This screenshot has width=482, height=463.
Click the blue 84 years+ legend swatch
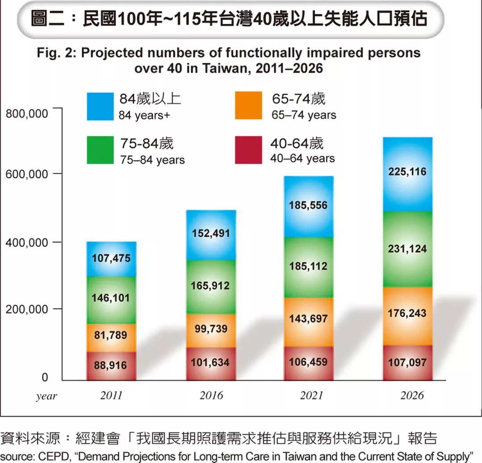pos(100,106)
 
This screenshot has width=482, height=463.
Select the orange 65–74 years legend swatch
pos(248,106)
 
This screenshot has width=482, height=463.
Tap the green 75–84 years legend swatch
pos(100,150)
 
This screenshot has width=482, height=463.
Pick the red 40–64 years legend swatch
pos(248,150)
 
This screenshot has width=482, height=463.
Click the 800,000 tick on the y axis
pos(27,114)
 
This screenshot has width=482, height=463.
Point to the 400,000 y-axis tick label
pos(27,244)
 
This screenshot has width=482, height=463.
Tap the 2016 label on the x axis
pos(211,396)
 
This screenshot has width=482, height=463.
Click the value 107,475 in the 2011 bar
pos(112,258)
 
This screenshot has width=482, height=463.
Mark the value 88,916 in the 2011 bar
pos(110,366)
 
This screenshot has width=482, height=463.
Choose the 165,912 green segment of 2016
pos(211,286)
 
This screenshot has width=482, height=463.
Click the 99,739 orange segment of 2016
pos(211,329)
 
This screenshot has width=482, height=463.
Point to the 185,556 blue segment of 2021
pos(308,206)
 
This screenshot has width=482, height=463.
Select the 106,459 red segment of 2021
pos(308,362)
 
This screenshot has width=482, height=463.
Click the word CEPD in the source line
pos(44,457)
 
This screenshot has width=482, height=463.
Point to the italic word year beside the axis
pos(46,396)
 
